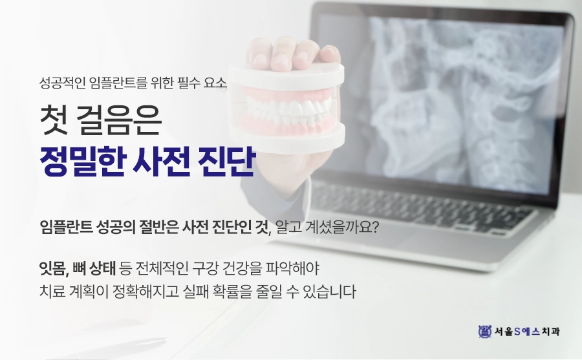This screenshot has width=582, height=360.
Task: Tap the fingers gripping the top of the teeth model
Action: click(294, 52)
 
